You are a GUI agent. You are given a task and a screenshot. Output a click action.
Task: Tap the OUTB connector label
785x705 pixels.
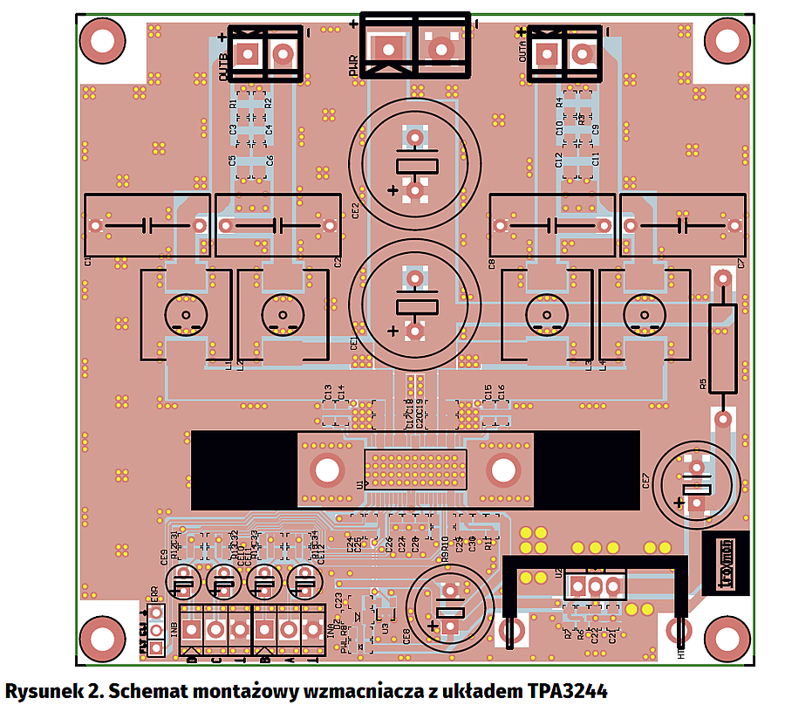(224, 67)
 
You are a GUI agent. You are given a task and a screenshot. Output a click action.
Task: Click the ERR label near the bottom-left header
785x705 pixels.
(154, 594)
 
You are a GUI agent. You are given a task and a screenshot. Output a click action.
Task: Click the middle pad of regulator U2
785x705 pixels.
(596, 585)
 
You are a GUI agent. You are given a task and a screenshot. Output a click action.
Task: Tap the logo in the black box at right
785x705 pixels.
(725, 552)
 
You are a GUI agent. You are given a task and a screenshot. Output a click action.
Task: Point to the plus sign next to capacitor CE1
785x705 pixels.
(393, 331)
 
